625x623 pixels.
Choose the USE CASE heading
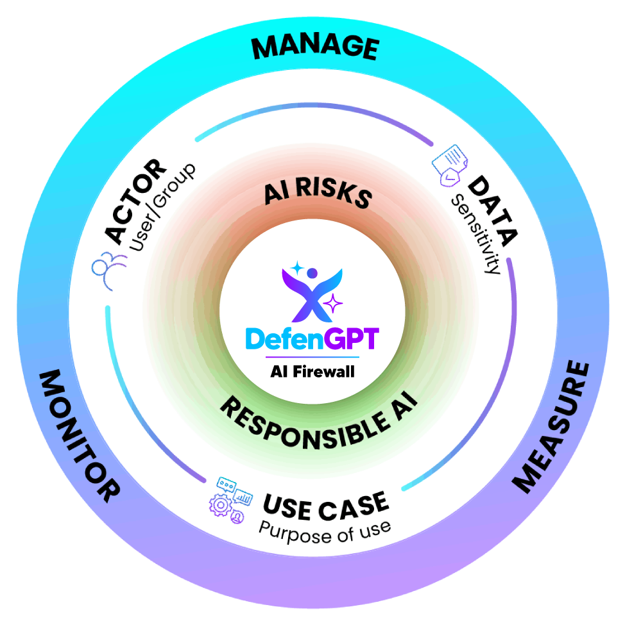pyautogui.click(x=325, y=506)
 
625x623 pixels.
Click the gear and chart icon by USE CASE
pyautogui.click(x=229, y=497)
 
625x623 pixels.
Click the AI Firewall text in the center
pyautogui.click(x=312, y=371)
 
